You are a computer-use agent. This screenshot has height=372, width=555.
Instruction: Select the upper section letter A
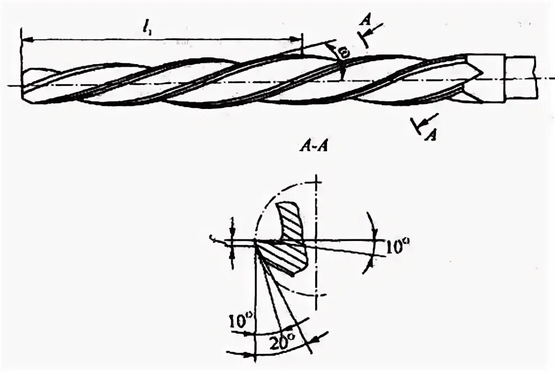(x=366, y=20)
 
